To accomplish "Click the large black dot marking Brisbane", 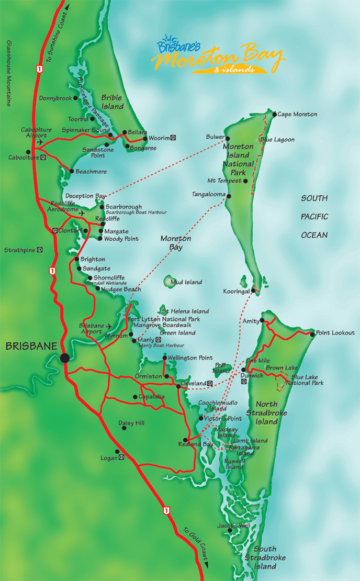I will pos(64,358).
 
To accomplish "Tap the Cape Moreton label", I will pos(297,114).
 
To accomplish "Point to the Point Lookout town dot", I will pos(312,333).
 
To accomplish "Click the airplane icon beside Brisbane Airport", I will pos(109,327).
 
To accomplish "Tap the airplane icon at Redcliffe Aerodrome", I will pos(82,214).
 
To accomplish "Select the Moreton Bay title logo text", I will pos(220,55).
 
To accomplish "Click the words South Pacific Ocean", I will pos(314,217).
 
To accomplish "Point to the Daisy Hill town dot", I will pos(125,428).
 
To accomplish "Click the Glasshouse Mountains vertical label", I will pos(8,73).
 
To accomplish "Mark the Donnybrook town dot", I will pos(75,98).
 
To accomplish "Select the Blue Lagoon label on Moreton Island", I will pos(277,140).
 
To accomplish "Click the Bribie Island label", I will pos(113,102).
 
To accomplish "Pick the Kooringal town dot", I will pos(253,290).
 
